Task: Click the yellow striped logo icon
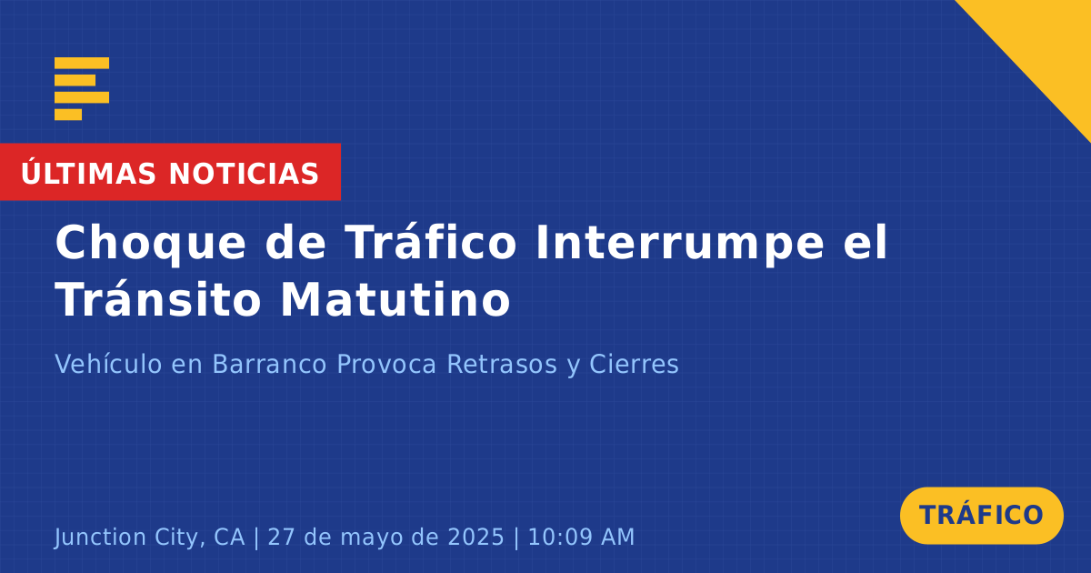pyautogui.click(x=82, y=89)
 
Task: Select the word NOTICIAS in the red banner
pyautogui.click(x=244, y=174)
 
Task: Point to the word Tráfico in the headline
pyautogui.click(x=430, y=241)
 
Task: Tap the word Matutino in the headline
pyautogui.click(x=395, y=299)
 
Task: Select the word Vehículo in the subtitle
pyautogui.click(x=108, y=364)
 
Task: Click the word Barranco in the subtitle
pyautogui.click(x=269, y=364)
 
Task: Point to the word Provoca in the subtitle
pyautogui.click(x=386, y=364)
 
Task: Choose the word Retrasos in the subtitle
pyautogui.click(x=502, y=364)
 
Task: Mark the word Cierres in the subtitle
pyautogui.click(x=634, y=364)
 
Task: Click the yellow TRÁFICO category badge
pyautogui.click(x=981, y=516)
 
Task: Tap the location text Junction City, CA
pyautogui.click(x=149, y=538)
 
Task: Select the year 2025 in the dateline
pyautogui.click(x=475, y=537)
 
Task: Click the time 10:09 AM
pyautogui.click(x=581, y=537)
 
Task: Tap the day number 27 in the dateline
pyautogui.click(x=281, y=537)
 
